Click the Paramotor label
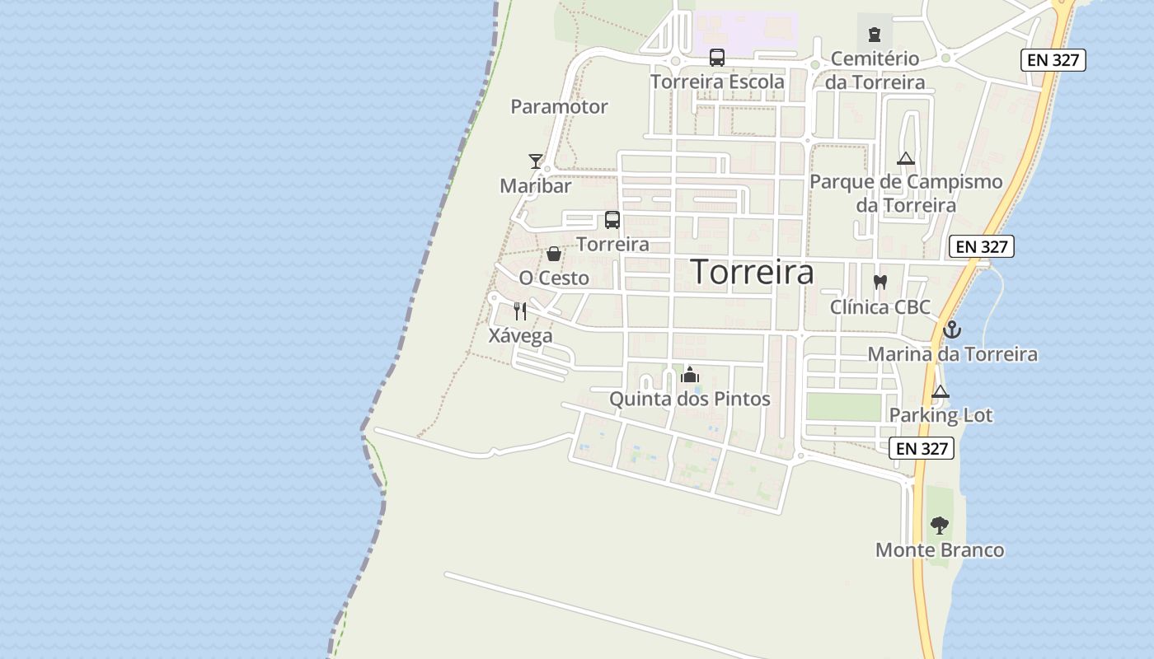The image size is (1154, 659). (559, 106)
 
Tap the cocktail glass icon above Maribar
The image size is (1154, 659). (536, 161)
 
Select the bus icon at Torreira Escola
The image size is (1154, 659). (717, 58)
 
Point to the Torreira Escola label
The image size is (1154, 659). (717, 82)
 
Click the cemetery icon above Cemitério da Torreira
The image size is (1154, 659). (874, 35)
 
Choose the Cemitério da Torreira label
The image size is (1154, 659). (875, 71)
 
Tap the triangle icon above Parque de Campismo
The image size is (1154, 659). (906, 158)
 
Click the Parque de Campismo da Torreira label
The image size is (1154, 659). (906, 193)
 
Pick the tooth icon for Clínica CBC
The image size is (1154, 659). (880, 282)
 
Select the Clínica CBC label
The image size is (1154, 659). (880, 307)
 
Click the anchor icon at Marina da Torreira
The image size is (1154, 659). (952, 329)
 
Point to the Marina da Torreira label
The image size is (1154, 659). (952, 354)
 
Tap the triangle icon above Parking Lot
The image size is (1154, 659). (941, 391)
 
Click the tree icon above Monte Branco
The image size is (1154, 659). (939, 525)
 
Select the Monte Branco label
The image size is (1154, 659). (940, 549)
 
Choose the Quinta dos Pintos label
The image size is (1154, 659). (689, 399)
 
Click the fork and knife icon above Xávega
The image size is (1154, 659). (520, 311)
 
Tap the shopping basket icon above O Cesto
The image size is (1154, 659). (554, 254)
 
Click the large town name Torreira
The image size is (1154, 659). (752, 272)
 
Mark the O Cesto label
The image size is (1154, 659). (554, 278)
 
